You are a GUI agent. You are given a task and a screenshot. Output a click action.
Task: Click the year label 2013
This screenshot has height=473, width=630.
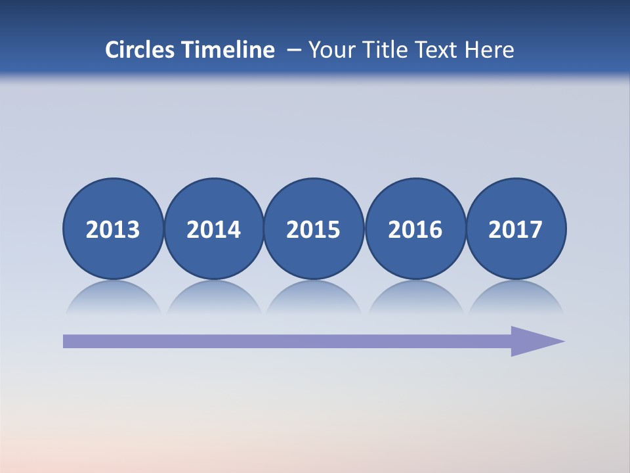(x=113, y=229)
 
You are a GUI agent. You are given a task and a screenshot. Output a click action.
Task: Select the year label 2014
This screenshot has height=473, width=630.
(x=213, y=229)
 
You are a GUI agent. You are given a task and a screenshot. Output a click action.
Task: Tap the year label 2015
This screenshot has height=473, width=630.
(x=314, y=229)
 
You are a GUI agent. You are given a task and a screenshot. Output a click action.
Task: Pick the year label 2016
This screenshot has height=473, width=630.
(x=415, y=229)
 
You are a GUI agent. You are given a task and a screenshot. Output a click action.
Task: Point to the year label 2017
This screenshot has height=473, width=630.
(x=515, y=229)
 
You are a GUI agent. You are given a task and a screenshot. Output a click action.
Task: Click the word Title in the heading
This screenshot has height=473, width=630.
(x=386, y=50)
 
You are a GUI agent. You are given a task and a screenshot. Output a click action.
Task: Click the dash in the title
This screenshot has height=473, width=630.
(x=294, y=50)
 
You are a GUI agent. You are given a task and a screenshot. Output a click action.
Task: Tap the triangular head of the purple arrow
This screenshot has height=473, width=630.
(x=535, y=341)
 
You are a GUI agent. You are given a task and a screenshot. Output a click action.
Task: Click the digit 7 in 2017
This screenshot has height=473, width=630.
(x=535, y=229)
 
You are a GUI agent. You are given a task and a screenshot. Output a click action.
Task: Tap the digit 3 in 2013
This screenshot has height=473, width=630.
(x=133, y=229)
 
